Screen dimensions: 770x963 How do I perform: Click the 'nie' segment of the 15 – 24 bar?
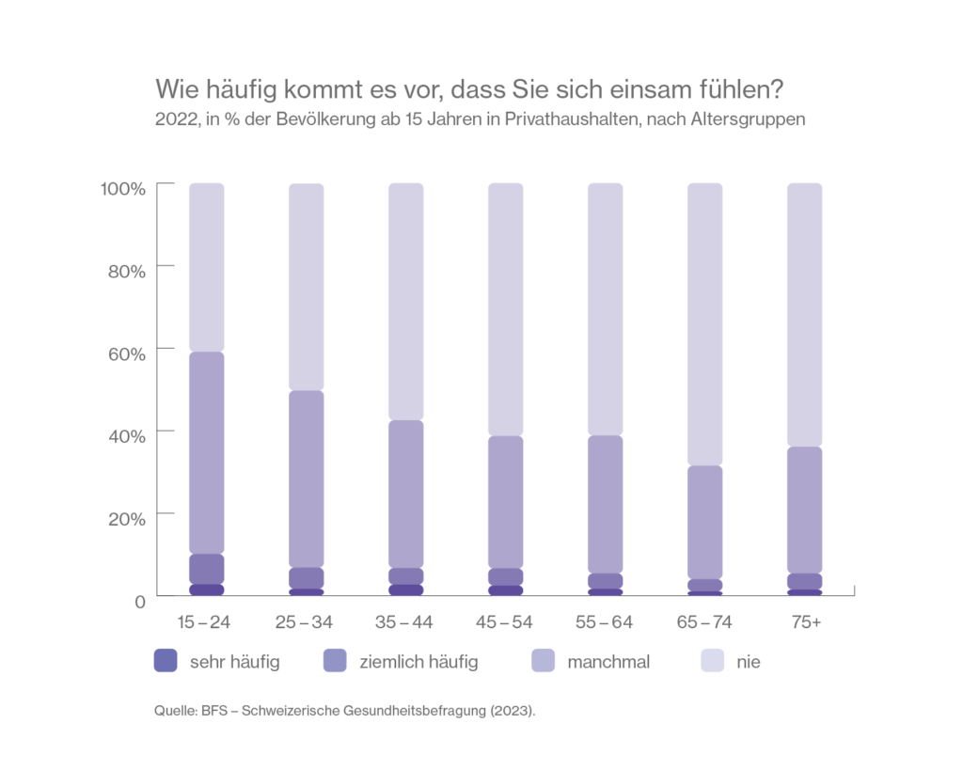pyautogui.click(x=206, y=267)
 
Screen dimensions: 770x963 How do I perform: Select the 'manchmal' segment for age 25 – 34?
pyautogui.click(x=306, y=479)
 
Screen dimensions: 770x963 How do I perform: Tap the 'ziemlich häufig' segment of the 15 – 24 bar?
pyautogui.click(x=206, y=569)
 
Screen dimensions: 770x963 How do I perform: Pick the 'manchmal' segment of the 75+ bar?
pyautogui.click(x=804, y=510)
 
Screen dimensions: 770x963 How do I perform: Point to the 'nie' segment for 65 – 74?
pyautogui.click(x=704, y=323)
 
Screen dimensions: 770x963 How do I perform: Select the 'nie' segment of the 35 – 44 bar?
pyautogui.click(x=405, y=301)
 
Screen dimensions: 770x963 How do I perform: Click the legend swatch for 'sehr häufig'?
pyautogui.click(x=166, y=662)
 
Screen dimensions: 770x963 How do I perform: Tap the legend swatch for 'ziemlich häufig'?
pyautogui.click(x=335, y=662)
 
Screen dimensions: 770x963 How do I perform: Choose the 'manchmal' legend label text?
pyautogui.click(x=608, y=662)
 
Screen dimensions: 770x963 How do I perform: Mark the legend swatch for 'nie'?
pyautogui.click(x=715, y=662)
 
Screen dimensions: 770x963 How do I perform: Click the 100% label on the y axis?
pyautogui.click(x=123, y=188)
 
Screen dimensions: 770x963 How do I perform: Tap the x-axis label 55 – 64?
pyautogui.click(x=605, y=622)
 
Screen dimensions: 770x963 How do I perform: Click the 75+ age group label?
pyautogui.click(x=804, y=622)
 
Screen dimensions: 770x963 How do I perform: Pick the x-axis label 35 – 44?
pyautogui.click(x=405, y=622)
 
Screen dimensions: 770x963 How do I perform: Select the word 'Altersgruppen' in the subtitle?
pyautogui.click(x=755, y=120)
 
